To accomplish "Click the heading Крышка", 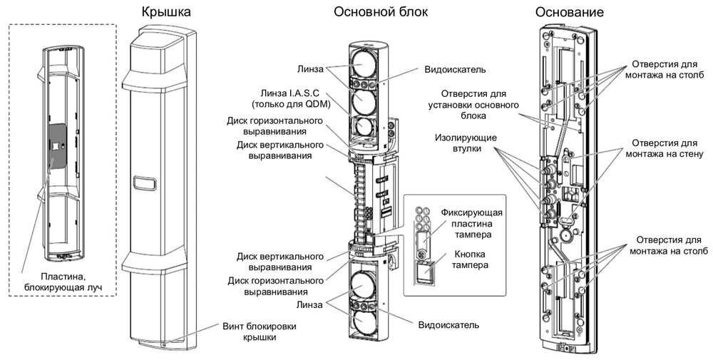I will (x=166, y=12).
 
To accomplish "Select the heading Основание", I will (x=569, y=12).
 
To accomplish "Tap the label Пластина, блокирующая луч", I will (x=64, y=282).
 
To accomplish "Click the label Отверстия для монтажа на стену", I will (x=664, y=148).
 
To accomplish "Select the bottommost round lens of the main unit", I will (x=364, y=323).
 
